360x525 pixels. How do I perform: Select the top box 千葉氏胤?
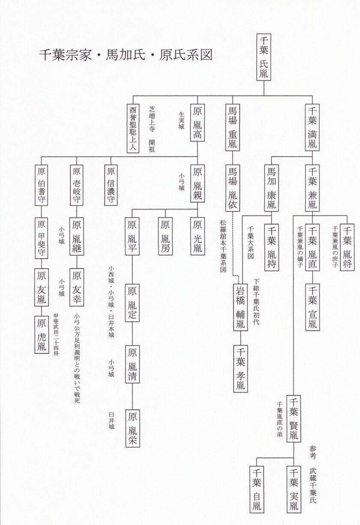pos(264,57)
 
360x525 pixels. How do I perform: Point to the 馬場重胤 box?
pos(233,127)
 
